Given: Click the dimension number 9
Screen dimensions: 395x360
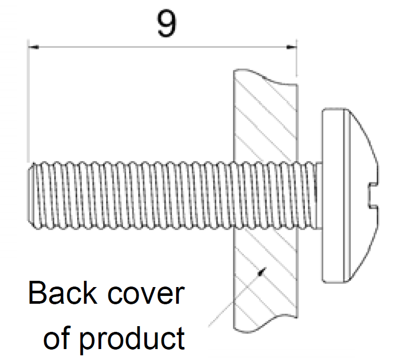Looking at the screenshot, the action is [x=166, y=23].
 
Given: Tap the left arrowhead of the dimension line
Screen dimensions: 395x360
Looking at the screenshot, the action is [x=33, y=47].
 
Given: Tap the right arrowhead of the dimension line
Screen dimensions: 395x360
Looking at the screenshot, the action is [x=291, y=47].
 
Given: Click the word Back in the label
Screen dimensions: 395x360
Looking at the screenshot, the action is [x=63, y=293].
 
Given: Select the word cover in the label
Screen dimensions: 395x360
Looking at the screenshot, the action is [x=146, y=294].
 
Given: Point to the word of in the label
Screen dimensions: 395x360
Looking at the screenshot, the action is [x=57, y=338].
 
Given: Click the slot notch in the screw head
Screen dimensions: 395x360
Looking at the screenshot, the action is [x=373, y=196].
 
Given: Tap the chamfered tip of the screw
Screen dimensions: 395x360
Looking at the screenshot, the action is [x=30, y=196].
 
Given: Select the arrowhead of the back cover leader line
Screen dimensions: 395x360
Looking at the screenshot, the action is [x=263, y=271].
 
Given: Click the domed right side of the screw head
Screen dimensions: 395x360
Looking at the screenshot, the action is [x=363, y=196].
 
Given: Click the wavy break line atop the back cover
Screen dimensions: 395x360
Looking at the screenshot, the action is [x=266, y=77].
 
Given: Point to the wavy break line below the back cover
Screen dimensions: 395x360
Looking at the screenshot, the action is [x=266, y=324].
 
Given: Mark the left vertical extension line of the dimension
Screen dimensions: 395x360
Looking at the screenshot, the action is [x=28, y=101].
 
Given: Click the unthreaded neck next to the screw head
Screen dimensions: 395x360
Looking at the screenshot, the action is [x=319, y=196].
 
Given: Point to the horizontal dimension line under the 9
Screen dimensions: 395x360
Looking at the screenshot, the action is [x=163, y=47].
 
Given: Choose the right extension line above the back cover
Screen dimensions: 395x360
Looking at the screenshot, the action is [x=297, y=58].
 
